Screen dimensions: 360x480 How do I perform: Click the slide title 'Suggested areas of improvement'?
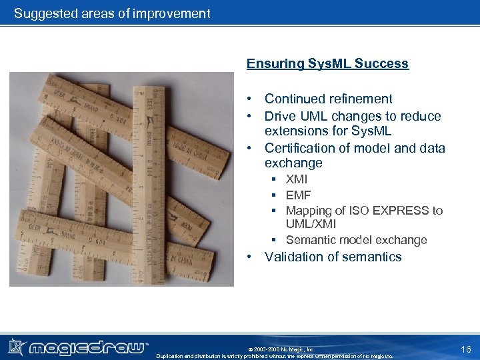tap(112, 13)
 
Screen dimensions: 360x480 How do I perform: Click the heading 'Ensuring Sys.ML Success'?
tap(327, 64)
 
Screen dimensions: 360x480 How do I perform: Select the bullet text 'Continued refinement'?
tap(328, 99)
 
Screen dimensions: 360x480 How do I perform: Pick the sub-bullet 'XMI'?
tap(297, 179)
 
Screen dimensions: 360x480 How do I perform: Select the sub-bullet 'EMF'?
tap(298, 195)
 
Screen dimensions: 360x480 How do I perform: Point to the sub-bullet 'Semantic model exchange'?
tap(356, 240)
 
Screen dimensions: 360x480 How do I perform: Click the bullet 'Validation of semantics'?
tap(333, 257)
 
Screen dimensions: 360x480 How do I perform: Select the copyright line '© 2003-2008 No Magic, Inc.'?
tap(281, 349)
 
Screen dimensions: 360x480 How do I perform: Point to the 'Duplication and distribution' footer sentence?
tap(274, 356)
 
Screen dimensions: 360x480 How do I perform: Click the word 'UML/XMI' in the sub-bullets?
tap(311, 225)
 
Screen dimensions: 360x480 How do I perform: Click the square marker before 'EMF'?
tap(274, 196)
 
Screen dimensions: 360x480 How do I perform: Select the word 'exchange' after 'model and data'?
tap(293, 163)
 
